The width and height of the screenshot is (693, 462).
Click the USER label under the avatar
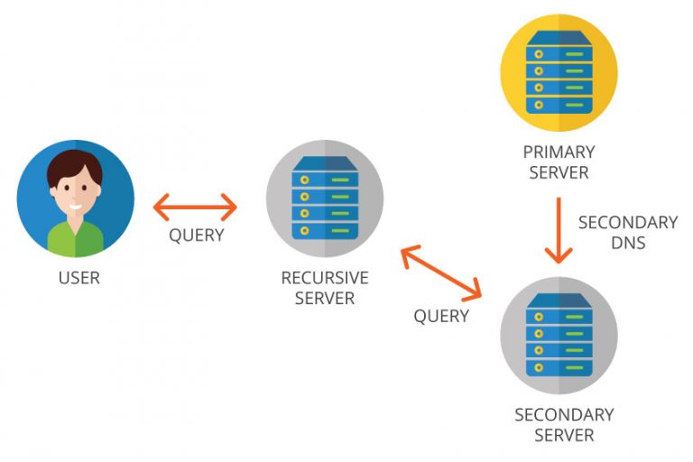point(79,278)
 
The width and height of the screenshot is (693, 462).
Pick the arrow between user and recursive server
point(195,208)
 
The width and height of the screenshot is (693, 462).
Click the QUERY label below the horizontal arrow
point(196,236)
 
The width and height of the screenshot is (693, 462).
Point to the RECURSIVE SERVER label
point(324,288)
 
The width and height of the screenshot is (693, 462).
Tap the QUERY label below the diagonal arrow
point(441,316)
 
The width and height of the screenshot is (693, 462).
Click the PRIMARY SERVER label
point(559,162)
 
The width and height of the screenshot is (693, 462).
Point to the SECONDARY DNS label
point(627,231)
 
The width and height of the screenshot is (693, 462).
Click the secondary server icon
point(559,335)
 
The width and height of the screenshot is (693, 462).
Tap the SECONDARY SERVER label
point(564,425)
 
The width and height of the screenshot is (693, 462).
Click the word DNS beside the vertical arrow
point(627,242)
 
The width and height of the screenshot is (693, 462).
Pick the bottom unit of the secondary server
point(559,366)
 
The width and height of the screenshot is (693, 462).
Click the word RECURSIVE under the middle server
point(324,278)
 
